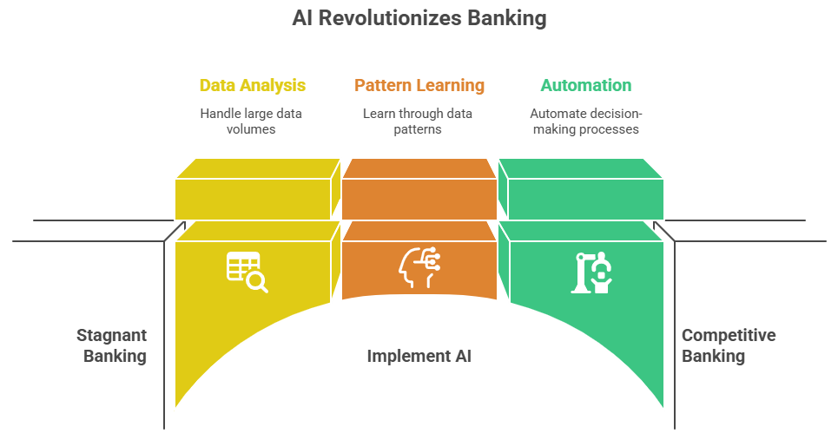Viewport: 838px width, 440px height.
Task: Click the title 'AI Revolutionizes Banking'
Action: [419, 18]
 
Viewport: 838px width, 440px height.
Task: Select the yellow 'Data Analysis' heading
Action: [252, 85]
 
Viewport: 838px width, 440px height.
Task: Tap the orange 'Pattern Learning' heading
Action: [419, 85]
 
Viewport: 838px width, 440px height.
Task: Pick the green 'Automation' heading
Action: [586, 85]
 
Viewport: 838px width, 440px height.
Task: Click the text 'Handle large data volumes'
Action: [251, 121]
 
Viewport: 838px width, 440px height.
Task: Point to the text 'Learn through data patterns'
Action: [419, 121]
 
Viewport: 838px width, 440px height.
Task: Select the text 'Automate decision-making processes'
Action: [586, 121]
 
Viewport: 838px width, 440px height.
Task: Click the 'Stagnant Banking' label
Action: [111, 345]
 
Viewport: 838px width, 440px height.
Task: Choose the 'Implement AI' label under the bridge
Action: [419, 356]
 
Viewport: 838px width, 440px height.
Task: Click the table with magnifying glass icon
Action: [247, 272]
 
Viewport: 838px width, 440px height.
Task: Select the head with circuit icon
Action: [419, 268]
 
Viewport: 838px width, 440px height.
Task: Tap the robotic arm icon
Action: [593, 272]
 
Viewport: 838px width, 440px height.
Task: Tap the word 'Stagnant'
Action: [111, 335]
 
